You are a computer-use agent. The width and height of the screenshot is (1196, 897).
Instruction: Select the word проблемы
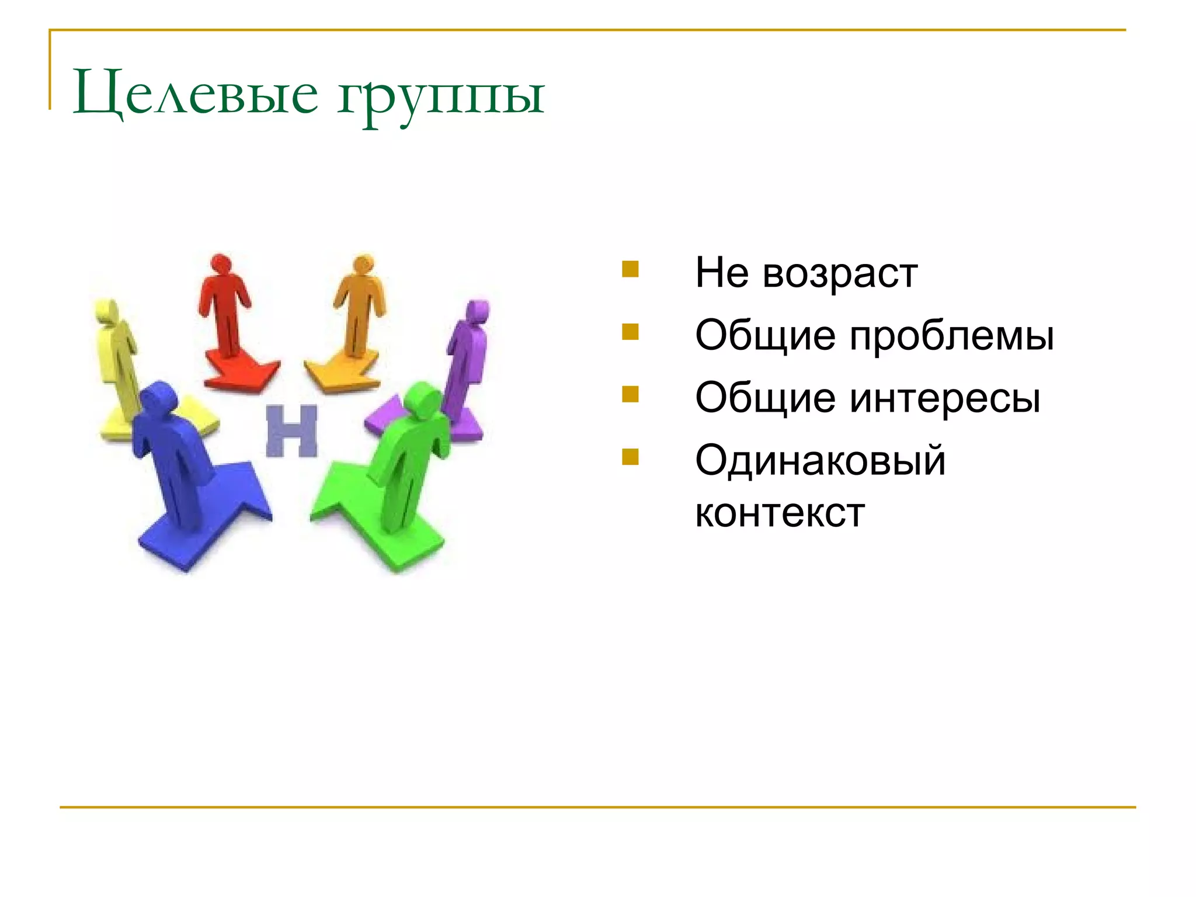[x=951, y=336]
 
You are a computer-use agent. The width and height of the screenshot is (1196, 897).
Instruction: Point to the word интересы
[x=944, y=399]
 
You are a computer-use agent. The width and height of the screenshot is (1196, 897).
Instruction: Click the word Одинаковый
[x=820, y=461]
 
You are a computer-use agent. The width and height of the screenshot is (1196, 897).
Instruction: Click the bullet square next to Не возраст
[x=630, y=269]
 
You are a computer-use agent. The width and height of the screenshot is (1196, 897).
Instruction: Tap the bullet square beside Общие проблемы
[x=630, y=332]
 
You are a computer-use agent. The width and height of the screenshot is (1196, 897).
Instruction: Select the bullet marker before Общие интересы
[x=630, y=395]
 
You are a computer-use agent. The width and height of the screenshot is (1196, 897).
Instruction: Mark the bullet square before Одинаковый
[x=630, y=457]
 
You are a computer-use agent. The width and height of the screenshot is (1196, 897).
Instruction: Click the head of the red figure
[x=221, y=263]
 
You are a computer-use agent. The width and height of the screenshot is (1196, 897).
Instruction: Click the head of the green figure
[x=423, y=399]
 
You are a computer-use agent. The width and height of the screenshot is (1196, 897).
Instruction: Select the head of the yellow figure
[x=106, y=311]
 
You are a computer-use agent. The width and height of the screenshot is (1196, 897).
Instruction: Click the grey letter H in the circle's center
[x=291, y=431]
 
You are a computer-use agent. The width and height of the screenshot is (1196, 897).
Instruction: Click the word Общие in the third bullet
[x=765, y=399]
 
